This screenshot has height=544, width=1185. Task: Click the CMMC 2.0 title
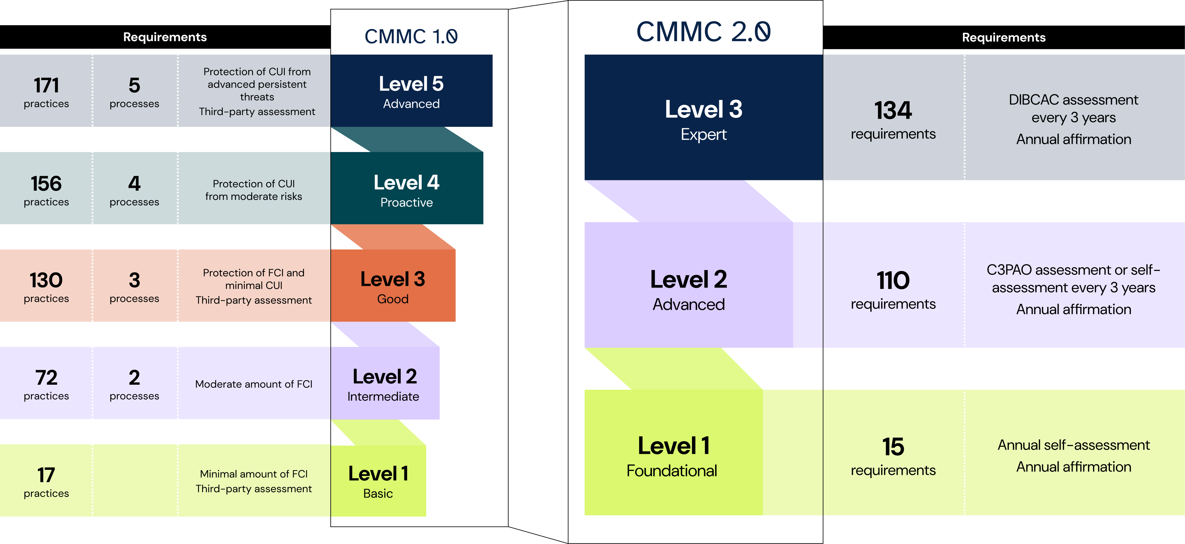703,32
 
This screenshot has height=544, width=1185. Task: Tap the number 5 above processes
134,85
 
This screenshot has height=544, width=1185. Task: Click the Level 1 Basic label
378,482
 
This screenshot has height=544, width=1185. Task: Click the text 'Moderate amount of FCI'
254,384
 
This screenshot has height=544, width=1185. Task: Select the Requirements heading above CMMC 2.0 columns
1003,37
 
